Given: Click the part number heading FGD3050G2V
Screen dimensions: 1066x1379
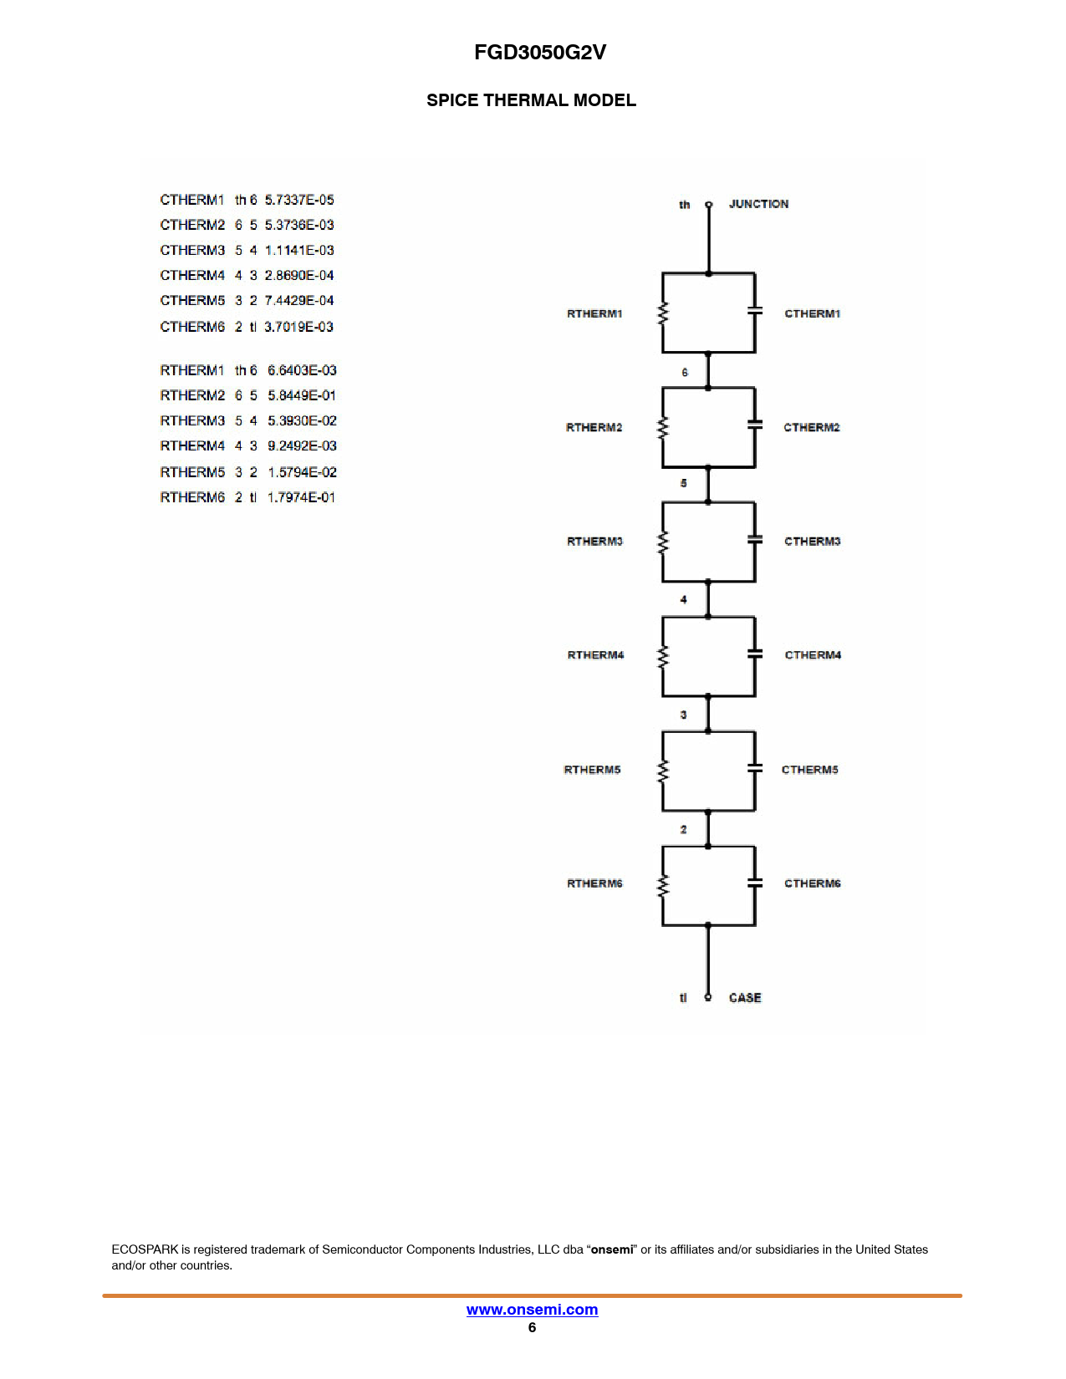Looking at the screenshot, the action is click(x=539, y=52).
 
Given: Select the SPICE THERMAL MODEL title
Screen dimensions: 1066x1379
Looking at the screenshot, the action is click(x=531, y=100).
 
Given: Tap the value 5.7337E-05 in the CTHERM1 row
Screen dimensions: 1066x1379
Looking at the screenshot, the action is click(x=299, y=200).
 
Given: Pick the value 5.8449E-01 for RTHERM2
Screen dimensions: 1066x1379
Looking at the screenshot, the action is click(x=302, y=395).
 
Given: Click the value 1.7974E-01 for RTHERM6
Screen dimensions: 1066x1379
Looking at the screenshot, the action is click(x=301, y=497).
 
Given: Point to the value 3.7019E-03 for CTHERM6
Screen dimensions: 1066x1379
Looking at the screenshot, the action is click(x=298, y=327).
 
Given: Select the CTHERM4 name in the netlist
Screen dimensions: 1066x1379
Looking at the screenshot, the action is click(x=192, y=276).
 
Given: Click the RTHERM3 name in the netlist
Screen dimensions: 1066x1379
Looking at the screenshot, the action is click(x=192, y=420).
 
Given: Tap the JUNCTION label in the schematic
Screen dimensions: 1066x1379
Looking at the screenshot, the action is click(x=758, y=204).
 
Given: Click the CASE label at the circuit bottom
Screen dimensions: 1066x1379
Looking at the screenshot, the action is click(x=745, y=998).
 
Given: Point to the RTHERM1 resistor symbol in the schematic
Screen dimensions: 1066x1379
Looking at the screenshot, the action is click(x=663, y=313).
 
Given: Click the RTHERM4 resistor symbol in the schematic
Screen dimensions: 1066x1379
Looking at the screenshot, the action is click(x=663, y=656).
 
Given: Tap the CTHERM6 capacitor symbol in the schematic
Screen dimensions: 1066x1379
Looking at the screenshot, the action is click(x=755, y=883).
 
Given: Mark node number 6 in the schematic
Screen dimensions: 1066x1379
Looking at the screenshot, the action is click(x=685, y=373).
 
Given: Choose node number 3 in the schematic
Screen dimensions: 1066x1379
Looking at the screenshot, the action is click(x=683, y=715).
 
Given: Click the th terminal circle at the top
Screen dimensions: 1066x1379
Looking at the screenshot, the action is click(x=709, y=205).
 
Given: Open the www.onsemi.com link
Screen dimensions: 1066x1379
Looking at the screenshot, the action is click(x=532, y=1309).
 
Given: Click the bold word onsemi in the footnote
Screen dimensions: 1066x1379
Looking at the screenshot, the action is click(x=612, y=1249).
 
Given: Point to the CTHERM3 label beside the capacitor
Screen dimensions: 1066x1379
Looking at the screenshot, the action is click(x=812, y=542).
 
